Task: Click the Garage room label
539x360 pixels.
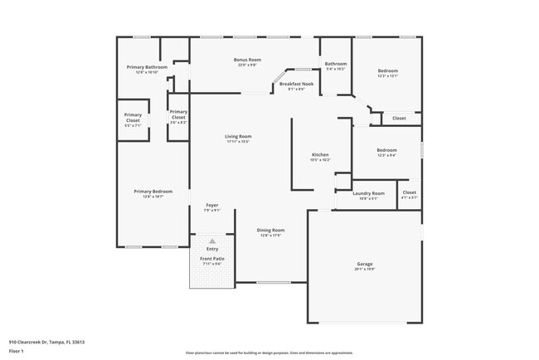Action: pyautogui.click(x=365, y=265)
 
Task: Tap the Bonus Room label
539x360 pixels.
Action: pyautogui.click(x=247, y=60)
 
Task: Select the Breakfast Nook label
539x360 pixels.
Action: pyautogui.click(x=296, y=84)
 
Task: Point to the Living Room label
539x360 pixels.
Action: pyautogui.click(x=238, y=136)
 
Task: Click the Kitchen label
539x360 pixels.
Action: pyautogui.click(x=320, y=155)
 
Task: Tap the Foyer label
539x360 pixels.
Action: pyautogui.click(x=212, y=205)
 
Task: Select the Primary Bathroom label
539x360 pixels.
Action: pyautogui.click(x=147, y=67)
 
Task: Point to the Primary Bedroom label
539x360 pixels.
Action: pyautogui.click(x=147, y=191)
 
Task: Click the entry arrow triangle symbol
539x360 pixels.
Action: pyautogui.click(x=212, y=241)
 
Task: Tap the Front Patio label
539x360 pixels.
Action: pyautogui.click(x=212, y=259)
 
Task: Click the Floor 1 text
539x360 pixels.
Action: pyautogui.click(x=17, y=351)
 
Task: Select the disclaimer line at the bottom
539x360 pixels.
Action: pyautogui.click(x=269, y=353)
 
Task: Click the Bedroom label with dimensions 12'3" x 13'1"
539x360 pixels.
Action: pyautogui.click(x=388, y=71)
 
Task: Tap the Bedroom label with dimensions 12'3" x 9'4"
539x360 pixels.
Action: pyautogui.click(x=387, y=150)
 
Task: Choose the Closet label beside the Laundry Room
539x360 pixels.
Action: pyautogui.click(x=410, y=193)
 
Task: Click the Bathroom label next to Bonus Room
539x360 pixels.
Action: pyautogui.click(x=336, y=64)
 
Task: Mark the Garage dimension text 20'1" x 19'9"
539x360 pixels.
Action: pyautogui.click(x=365, y=270)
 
